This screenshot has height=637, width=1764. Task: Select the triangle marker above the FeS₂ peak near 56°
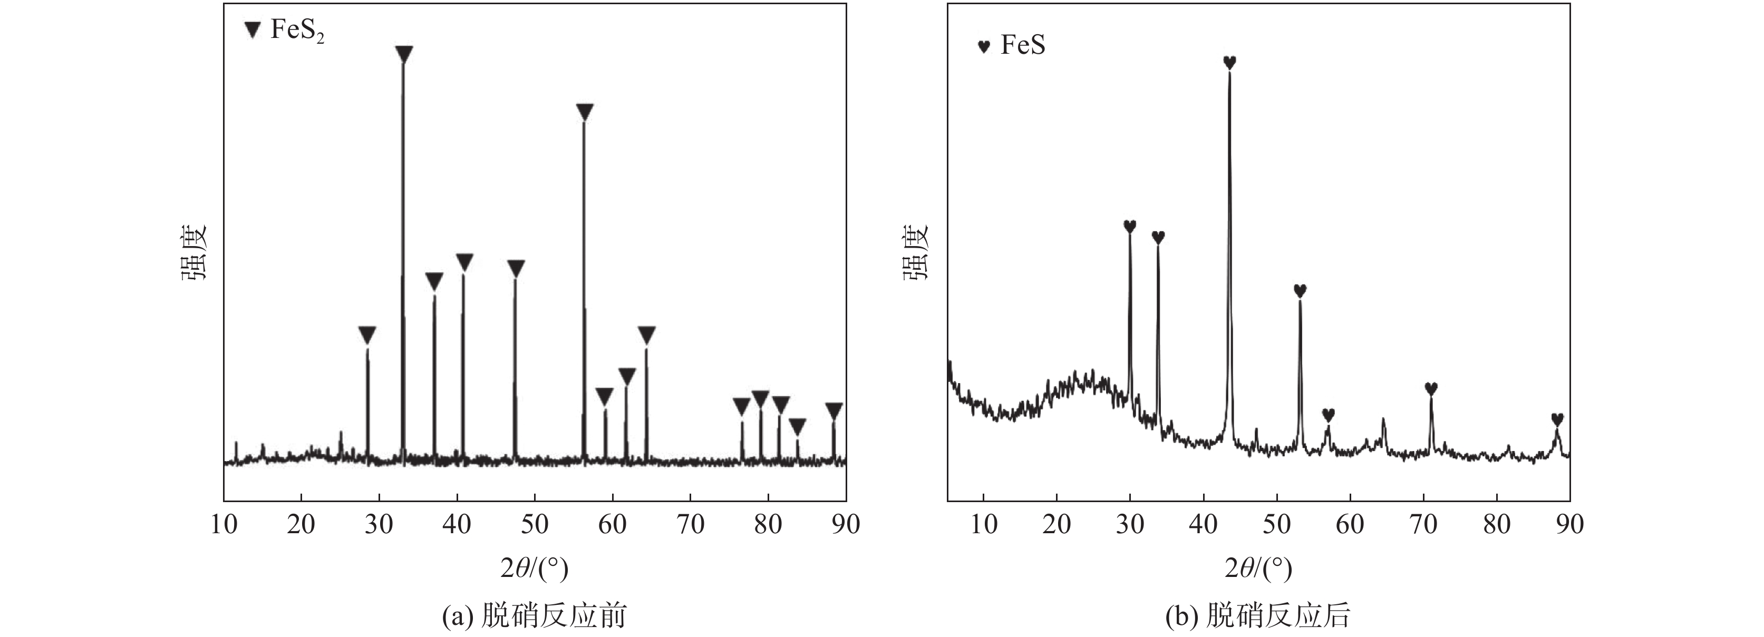(584, 112)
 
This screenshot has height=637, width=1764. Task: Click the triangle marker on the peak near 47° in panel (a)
(516, 268)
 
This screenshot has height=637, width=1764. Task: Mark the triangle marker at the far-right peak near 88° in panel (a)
(833, 410)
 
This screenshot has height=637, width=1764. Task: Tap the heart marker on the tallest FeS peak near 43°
(1229, 62)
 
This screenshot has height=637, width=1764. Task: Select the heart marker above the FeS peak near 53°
(1300, 290)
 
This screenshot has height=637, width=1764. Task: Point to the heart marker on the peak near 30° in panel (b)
(1129, 226)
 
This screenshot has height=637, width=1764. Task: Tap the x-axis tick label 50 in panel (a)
(534, 524)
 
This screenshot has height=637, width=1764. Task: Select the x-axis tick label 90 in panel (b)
(1569, 524)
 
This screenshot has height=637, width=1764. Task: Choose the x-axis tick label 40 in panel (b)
(1203, 524)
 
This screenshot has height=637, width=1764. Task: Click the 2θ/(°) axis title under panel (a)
(534, 568)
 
